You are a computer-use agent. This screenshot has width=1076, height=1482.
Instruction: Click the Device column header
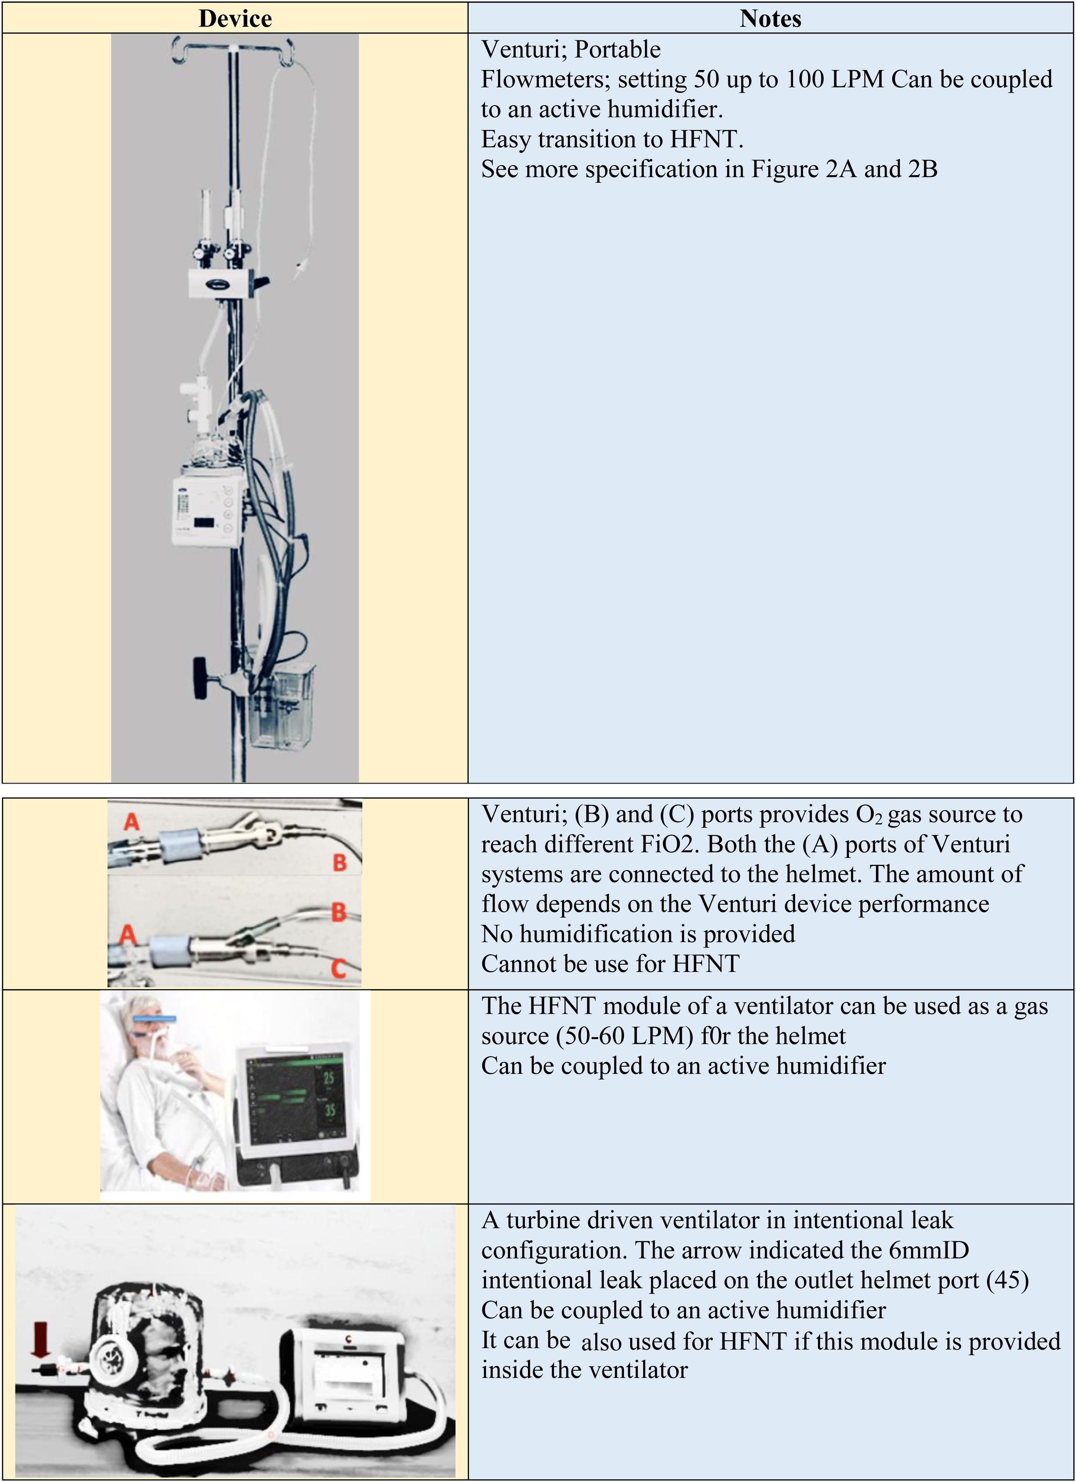(x=235, y=18)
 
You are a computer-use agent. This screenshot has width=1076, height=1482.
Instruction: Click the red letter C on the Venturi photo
(x=338, y=968)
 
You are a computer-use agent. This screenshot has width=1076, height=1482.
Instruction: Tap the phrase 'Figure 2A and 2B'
(x=844, y=169)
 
